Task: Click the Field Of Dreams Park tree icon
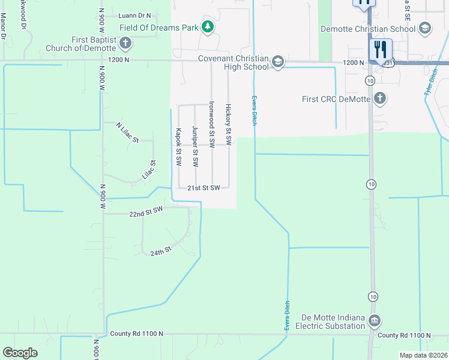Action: click(x=208, y=26)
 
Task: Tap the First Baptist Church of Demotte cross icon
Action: click(x=125, y=43)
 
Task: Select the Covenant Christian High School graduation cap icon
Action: click(x=277, y=61)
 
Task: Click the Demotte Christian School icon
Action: click(x=425, y=28)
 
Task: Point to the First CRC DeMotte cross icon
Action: click(x=379, y=98)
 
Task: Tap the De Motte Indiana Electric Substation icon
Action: click(x=375, y=320)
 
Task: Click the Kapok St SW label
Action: click(x=178, y=146)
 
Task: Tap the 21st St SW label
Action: click(x=203, y=187)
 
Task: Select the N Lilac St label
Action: click(x=127, y=132)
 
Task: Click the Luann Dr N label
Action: click(x=135, y=16)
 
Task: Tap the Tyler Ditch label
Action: click(x=430, y=82)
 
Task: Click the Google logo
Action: click(x=20, y=353)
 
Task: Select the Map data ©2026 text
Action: click(x=423, y=355)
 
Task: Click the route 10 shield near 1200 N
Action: click(x=370, y=80)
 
